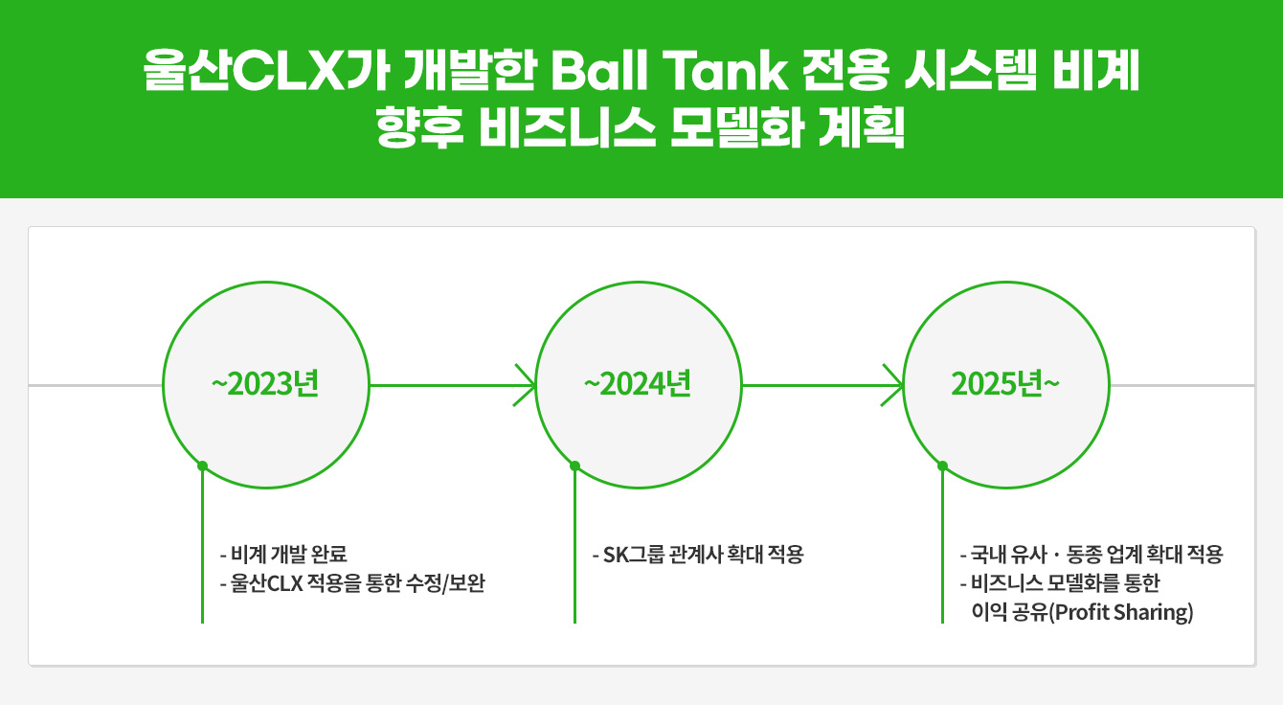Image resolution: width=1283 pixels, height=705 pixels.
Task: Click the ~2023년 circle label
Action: [264, 384]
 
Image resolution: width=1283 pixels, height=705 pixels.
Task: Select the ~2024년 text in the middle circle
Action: [637, 384]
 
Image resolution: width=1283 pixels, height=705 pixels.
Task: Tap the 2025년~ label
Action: [1005, 384]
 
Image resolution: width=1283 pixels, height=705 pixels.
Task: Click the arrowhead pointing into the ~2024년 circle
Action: [526, 385]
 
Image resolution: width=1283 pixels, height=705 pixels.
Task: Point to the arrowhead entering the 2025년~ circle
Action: [892, 385]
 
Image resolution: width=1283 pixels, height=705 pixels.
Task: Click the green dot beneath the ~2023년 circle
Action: [202, 466]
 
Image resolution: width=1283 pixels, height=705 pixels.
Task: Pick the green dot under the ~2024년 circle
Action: [574, 466]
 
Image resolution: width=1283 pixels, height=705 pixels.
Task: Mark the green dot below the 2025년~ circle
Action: [942, 466]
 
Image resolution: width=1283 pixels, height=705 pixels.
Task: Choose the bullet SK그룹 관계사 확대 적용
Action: [697, 555]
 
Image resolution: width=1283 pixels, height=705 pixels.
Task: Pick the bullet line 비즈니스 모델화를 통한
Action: [1065, 583]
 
